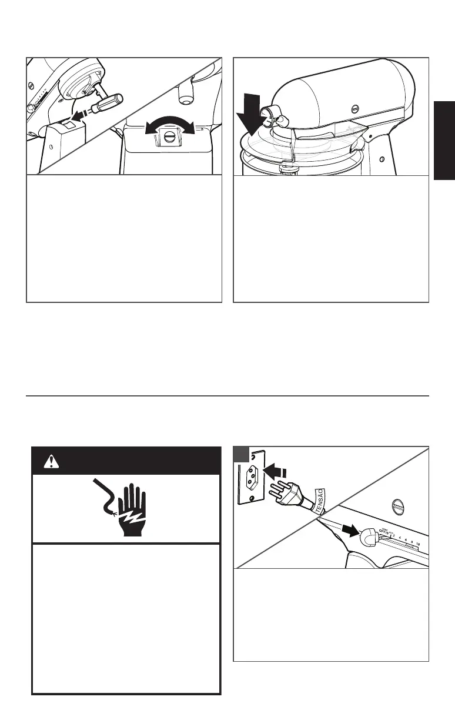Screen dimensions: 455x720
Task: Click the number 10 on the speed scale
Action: tap(417, 545)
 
